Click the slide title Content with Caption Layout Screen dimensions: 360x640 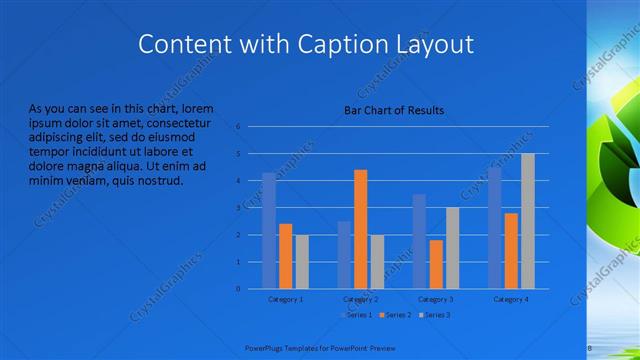pyautogui.click(x=305, y=44)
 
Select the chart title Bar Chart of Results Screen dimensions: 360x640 pyautogui.click(x=394, y=110)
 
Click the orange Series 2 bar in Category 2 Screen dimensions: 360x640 pyautogui.click(x=360, y=229)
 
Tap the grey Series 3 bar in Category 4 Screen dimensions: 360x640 pyautogui.click(x=527, y=221)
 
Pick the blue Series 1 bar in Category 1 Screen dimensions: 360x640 pyautogui.click(x=269, y=230)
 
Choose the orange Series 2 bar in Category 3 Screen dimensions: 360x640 pyautogui.click(x=435, y=264)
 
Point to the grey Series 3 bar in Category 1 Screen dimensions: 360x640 pyautogui.click(x=302, y=261)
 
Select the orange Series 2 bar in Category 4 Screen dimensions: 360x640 pyautogui.click(x=511, y=250)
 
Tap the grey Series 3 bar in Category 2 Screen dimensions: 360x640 pyautogui.click(x=377, y=261)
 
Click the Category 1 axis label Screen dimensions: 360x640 pyautogui.click(x=286, y=299)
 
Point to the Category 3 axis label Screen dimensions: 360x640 pyautogui.click(x=435, y=299)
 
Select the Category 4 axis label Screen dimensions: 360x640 pyautogui.click(x=510, y=299)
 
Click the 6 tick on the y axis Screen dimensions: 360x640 pyautogui.click(x=238, y=127)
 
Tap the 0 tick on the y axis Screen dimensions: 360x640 pyautogui.click(x=238, y=289)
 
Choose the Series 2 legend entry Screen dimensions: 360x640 pyautogui.click(x=395, y=315)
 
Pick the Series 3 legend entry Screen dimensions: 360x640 pyautogui.click(x=436, y=315)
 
